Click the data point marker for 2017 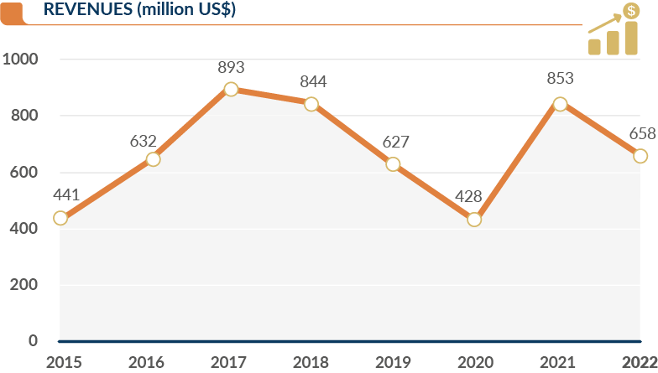pos(231,89)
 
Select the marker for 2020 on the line pos(474,220)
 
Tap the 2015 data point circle pos(60,218)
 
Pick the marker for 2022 pos(640,156)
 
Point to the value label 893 pos(231,67)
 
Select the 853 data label pos(560,79)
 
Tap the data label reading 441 pos(65,195)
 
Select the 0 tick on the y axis pos(33,340)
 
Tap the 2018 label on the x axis pos(311,362)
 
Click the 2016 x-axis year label pos(146,362)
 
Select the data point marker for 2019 pos(393,164)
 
